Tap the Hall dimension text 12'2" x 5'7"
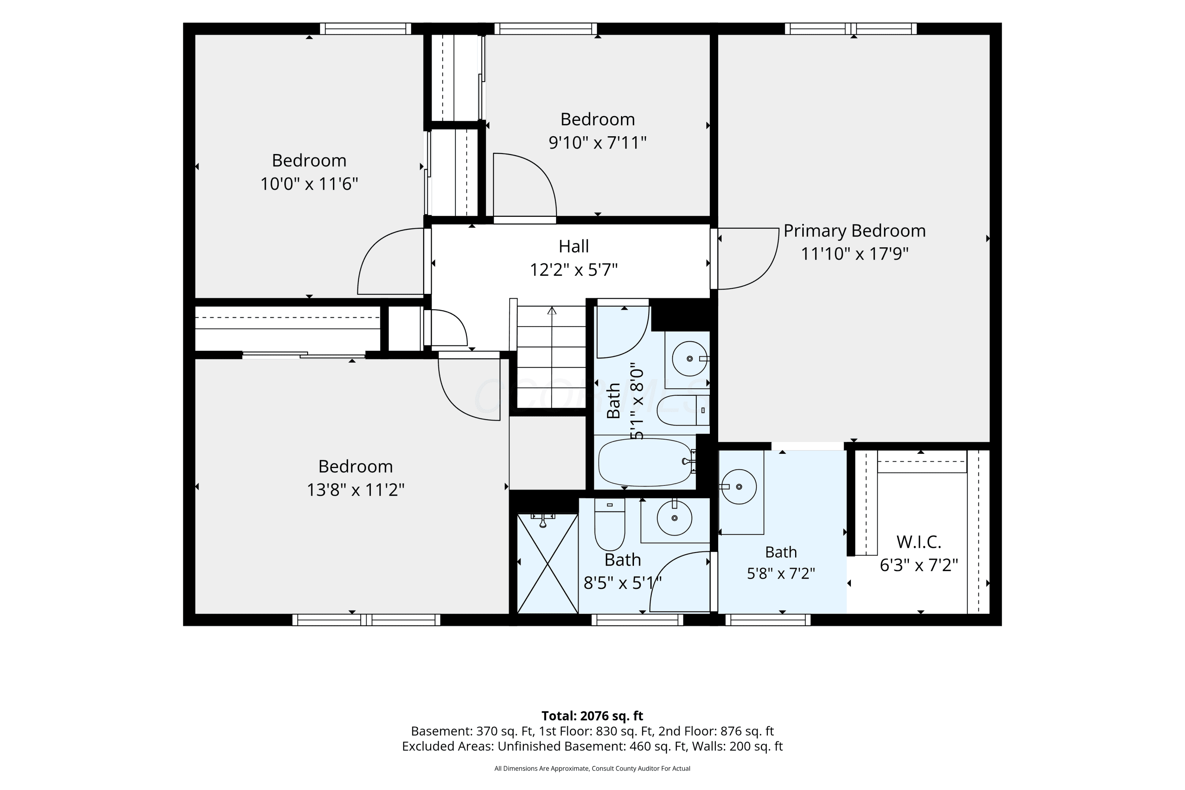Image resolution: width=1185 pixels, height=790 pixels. coord(574,270)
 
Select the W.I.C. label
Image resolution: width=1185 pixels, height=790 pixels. coord(919,542)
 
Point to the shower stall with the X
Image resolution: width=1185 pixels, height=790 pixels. coord(547,563)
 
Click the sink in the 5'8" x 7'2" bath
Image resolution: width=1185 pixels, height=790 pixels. coord(739,487)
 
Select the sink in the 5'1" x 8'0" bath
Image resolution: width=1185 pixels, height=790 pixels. coord(690,359)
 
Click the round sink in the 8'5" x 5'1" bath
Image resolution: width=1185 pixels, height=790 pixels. coord(675,518)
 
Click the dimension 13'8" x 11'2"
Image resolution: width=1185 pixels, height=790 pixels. coord(356,490)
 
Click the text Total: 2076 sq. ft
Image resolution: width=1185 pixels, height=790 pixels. coord(592,716)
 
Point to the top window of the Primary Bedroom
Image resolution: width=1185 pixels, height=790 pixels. coord(850,29)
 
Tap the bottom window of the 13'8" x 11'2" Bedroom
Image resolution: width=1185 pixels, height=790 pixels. coord(366,620)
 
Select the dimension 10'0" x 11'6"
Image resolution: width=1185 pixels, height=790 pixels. coord(309,184)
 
